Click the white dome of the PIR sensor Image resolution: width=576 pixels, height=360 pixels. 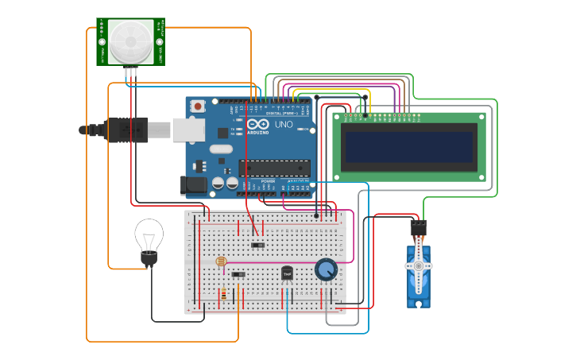(x=130, y=41)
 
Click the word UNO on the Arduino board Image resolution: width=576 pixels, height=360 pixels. (x=284, y=125)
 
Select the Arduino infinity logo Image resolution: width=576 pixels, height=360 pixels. (x=257, y=124)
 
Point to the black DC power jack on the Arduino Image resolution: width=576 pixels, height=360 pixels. (x=194, y=185)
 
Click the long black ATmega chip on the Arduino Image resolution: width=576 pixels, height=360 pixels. (x=274, y=168)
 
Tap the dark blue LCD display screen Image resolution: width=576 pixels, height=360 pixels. (x=410, y=147)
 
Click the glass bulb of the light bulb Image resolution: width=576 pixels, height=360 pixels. (x=149, y=234)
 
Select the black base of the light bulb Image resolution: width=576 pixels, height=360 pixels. (x=149, y=257)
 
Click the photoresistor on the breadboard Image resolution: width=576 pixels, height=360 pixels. (x=220, y=261)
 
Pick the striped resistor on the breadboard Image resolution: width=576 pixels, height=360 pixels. (x=223, y=294)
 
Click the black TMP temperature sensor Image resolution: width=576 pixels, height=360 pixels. (x=287, y=273)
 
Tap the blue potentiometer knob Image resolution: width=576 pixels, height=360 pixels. (x=326, y=270)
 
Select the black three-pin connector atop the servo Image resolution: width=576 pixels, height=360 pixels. (x=419, y=227)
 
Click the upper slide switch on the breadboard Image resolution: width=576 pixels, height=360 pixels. (x=257, y=245)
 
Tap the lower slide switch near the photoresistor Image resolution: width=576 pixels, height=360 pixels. (x=238, y=275)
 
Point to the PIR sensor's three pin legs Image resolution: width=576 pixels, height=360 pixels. (x=131, y=72)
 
